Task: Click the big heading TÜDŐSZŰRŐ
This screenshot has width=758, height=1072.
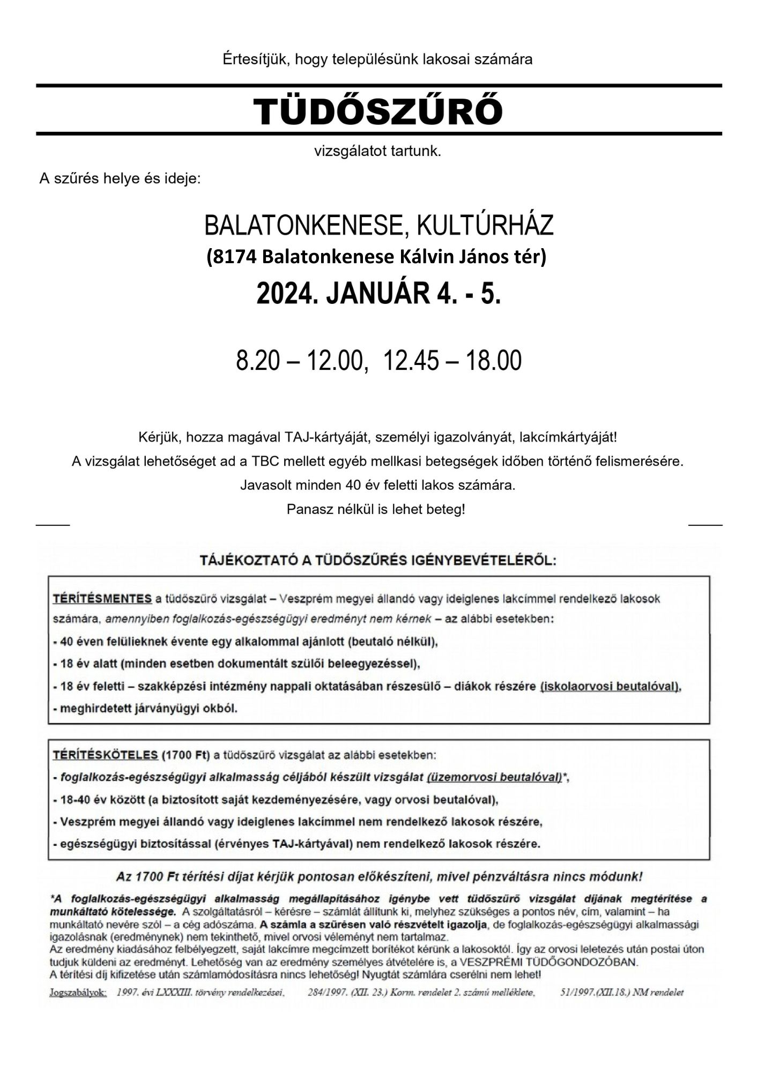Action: point(378,110)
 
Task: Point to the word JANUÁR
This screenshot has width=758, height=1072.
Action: point(372,294)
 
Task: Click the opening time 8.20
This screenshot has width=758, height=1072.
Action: point(258,361)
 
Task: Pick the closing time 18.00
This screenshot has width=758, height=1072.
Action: point(493,361)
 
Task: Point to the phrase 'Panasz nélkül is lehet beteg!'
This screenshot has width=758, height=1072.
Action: point(376,509)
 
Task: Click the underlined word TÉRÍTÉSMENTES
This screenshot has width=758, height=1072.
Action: point(102,599)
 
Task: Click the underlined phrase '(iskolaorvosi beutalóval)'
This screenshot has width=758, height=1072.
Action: point(610,686)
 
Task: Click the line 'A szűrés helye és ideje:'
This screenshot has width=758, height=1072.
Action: point(120,178)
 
